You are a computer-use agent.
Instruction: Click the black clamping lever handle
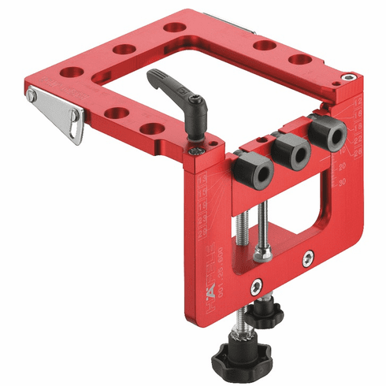[166, 87]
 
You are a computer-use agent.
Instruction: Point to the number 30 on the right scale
[343, 183]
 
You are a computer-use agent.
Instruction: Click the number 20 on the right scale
[343, 167]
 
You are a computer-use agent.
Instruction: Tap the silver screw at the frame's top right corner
[347, 78]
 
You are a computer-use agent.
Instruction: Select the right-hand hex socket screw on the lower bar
[309, 257]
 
